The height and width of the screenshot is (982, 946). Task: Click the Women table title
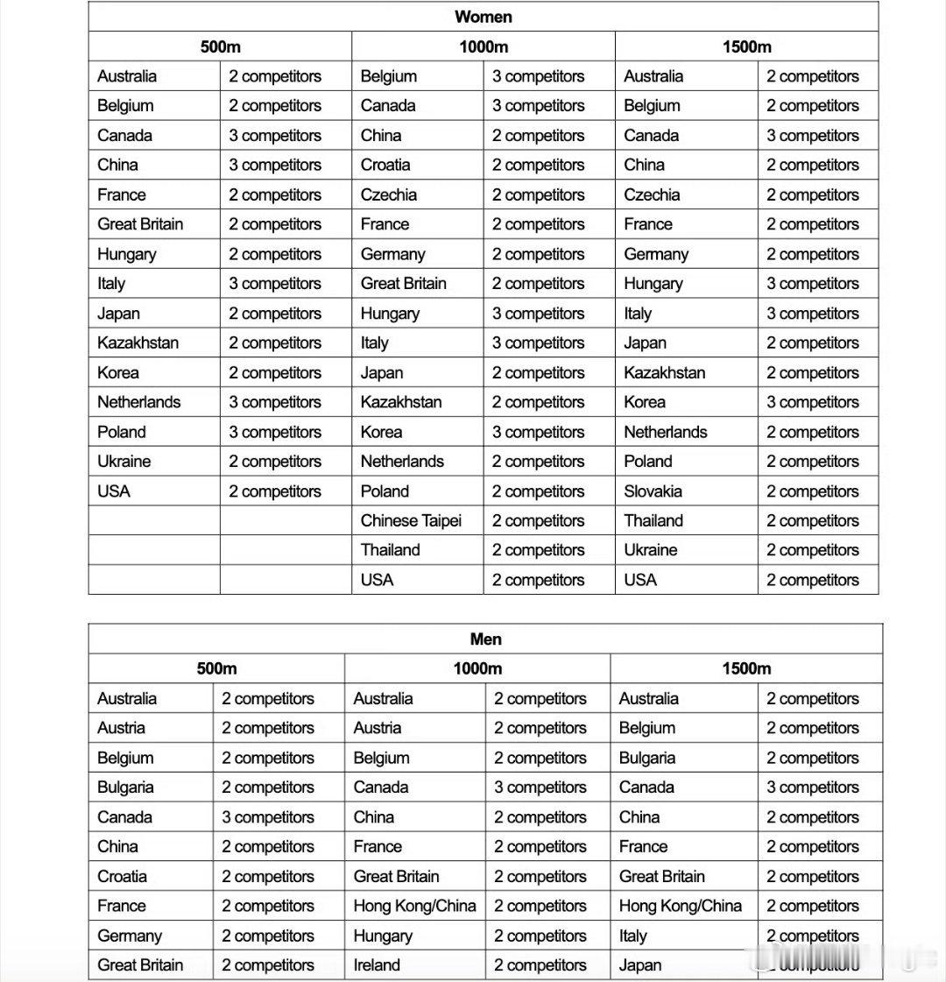pyautogui.click(x=484, y=17)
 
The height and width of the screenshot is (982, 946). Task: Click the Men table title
pyautogui.click(x=485, y=639)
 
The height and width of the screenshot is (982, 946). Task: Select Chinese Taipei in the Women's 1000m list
pyautogui.click(x=411, y=520)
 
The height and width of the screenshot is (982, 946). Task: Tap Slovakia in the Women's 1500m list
pyautogui.click(x=653, y=491)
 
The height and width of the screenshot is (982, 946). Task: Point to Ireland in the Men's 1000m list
pyautogui.click(x=377, y=965)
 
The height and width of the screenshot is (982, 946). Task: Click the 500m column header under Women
pyautogui.click(x=220, y=46)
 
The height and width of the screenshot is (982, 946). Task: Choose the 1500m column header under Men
pyautogui.click(x=746, y=668)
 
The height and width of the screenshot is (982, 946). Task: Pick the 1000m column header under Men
pyautogui.click(x=477, y=668)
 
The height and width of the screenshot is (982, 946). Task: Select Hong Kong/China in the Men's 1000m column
pyautogui.click(x=414, y=906)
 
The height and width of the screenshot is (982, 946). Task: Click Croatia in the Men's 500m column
pyautogui.click(x=123, y=876)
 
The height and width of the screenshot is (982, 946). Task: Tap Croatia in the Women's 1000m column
pyautogui.click(x=385, y=165)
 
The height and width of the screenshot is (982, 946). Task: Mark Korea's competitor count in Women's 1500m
pyautogui.click(x=813, y=402)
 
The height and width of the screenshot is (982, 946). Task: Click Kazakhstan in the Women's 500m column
pyautogui.click(x=138, y=343)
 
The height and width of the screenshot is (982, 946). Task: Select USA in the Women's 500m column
pyautogui.click(x=114, y=491)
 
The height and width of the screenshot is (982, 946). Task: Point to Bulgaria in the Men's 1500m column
pyautogui.click(x=647, y=758)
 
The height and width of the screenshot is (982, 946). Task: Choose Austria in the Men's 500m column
pyautogui.click(x=122, y=728)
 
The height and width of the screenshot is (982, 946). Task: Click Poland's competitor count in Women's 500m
pyautogui.click(x=275, y=432)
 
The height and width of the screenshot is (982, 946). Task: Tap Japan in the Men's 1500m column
pyautogui.click(x=640, y=965)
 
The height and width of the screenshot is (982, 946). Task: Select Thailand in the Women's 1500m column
pyautogui.click(x=653, y=520)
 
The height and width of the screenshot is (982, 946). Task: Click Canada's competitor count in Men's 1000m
pyautogui.click(x=540, y=788)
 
